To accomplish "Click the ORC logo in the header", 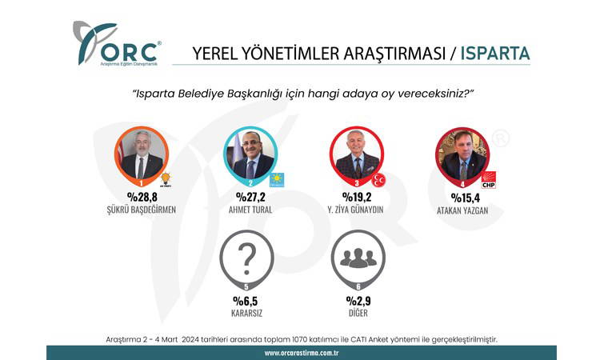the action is pos(117,43).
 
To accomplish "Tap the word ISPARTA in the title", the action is pos(494,54).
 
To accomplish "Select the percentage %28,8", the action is pos(142,197).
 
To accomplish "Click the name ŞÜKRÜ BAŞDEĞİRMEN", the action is pos(142,210).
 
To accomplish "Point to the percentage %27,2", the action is pos(251,197).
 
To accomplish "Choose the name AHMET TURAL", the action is pos(250,210).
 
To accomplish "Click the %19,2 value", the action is pos(357,197).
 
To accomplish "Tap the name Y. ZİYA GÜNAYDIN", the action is pos(355,210).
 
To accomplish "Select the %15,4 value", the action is pos(465,198).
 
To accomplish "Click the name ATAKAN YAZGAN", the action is pos(462,210).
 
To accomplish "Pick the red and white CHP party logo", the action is pos(489,180).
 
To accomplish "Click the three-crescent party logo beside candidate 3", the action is pos(378,180).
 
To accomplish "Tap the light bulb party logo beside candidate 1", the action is pos(166,180).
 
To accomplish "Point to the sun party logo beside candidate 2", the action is pos(277,180).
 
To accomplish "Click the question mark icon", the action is pos(247,258).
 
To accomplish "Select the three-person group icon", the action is pos(358,258).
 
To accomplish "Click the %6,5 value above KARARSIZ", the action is pos(245,301).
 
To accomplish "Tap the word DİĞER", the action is pos(358,313).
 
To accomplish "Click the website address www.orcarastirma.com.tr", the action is pos(302,353).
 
